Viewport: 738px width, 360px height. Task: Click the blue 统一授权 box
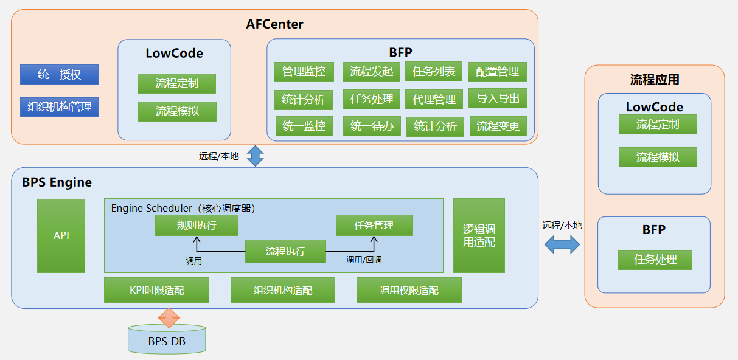pyautogui.click(x=59, y=75)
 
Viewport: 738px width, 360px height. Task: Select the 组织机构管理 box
pyautogui.click(x=59, y=107)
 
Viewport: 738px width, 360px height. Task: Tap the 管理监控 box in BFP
pyautogui.click(x=304, y=72)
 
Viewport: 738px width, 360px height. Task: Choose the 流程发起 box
pyautogui.click(x=371, y=72)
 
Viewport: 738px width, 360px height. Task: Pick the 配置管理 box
pyautogui.click(x=497, y=72)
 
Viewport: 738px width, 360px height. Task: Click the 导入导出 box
pyautogui.click(x=498, y=99)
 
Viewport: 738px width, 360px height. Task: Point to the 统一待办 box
pyautogui.click(x=372, y=126)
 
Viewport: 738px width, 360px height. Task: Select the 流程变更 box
pyautogui.click(x=498, y=126)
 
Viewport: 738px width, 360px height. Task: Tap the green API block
pyautogui.click(x=61, y=235)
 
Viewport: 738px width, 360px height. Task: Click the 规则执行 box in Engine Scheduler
pyautogui.click(x=197, y=226)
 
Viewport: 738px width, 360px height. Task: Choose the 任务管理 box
pyautogui.click(x=374, y=226)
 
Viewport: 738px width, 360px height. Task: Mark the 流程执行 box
pyautogui.click(x=285, y=252)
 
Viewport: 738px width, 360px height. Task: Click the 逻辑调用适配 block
pyautogui.click(x=479, y=235)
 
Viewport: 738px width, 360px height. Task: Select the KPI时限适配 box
pyautogui.click(x=156, y=291)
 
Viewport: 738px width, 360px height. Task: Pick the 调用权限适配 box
pyautogui.click(x=409, y=291)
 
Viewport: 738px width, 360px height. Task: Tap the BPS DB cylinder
pyautogui.click(x=167, y=340)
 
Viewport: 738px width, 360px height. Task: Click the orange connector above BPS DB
pyautogui.click(x=169, y=317)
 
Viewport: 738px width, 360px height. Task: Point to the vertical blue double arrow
pyautogui.click(x=254, y=156)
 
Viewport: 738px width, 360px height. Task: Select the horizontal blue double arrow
pyautogui.click(x=562, y=244)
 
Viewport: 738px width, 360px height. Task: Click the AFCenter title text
pyautogui.click(x=274, y=25)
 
